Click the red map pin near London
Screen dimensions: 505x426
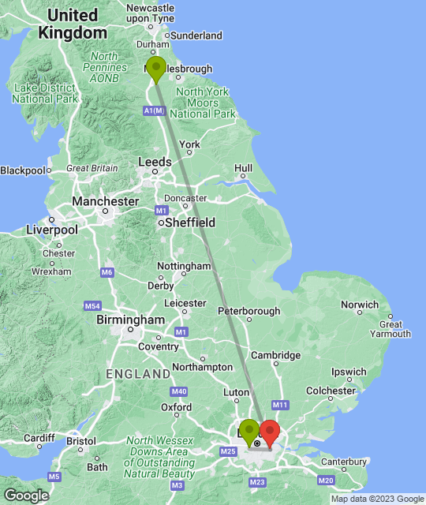coord(270,432)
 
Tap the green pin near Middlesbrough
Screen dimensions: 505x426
coord(156,68)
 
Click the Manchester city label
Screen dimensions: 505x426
coord(105,202)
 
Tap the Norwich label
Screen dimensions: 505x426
coord(359,305)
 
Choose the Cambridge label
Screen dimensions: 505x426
coord(275,355)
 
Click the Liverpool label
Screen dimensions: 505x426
coord(52,230)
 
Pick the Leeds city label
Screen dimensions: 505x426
coord(155,162)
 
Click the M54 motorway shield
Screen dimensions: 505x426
coord(93,305)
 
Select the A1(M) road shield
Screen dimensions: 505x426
coord(155,112)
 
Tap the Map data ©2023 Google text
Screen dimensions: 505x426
coord(377,499)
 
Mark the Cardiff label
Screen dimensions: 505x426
coord(39,438)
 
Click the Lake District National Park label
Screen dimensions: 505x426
coord(45,94)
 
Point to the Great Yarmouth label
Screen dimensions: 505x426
coord(392,329)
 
